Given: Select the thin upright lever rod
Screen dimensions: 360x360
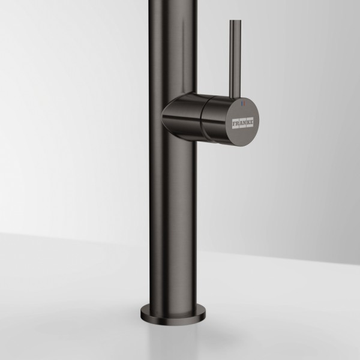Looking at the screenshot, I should point(234,60).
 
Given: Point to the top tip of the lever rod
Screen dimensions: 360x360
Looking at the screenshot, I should point(234,22).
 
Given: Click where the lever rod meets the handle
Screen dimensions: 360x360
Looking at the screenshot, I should point(234,96).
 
